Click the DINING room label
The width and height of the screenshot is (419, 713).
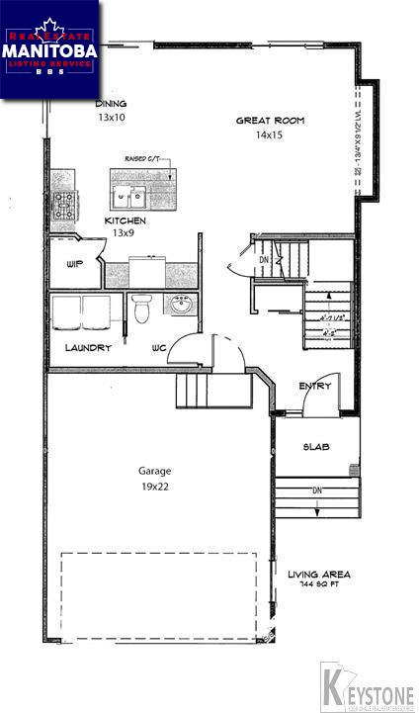111,103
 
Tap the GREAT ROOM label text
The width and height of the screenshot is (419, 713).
269,121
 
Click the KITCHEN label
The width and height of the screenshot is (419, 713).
126,221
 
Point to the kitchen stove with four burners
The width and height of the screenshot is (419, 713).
65,205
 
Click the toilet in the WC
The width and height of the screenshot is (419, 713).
142,309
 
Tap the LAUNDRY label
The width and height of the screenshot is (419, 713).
88,347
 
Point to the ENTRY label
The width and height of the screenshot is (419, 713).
314,387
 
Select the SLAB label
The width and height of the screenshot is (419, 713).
316,447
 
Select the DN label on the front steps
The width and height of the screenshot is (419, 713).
316,490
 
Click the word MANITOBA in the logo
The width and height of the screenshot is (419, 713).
49,47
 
